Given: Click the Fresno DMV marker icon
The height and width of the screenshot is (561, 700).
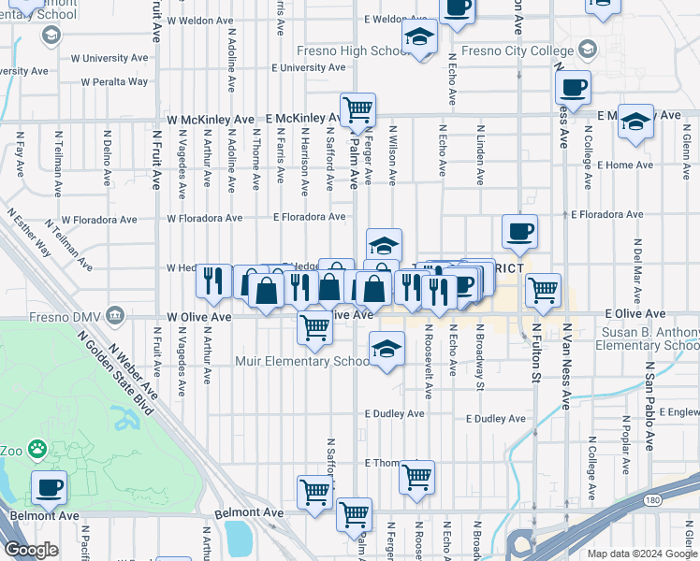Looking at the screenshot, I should (x=116, y=313).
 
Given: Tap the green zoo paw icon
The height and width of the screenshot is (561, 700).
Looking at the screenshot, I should (x=37, y=450).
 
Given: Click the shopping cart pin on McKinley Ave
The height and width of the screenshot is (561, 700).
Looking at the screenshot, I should (x=357, y=110).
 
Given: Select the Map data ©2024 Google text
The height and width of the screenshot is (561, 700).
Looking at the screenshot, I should (x=642, y=554).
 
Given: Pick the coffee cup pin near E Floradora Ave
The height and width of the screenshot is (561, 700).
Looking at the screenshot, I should (x=519, y=231).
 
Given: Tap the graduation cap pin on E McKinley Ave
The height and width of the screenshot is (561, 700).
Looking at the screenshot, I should (x=635, y=122).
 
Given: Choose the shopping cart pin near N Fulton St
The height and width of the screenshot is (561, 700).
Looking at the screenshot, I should (x=543, y=290).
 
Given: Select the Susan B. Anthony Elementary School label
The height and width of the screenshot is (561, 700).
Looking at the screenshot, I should (x=633, y=338).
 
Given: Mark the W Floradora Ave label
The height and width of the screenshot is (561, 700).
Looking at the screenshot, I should (x=204, y=218).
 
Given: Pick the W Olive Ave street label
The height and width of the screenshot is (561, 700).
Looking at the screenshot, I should (x=198, y=318).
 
